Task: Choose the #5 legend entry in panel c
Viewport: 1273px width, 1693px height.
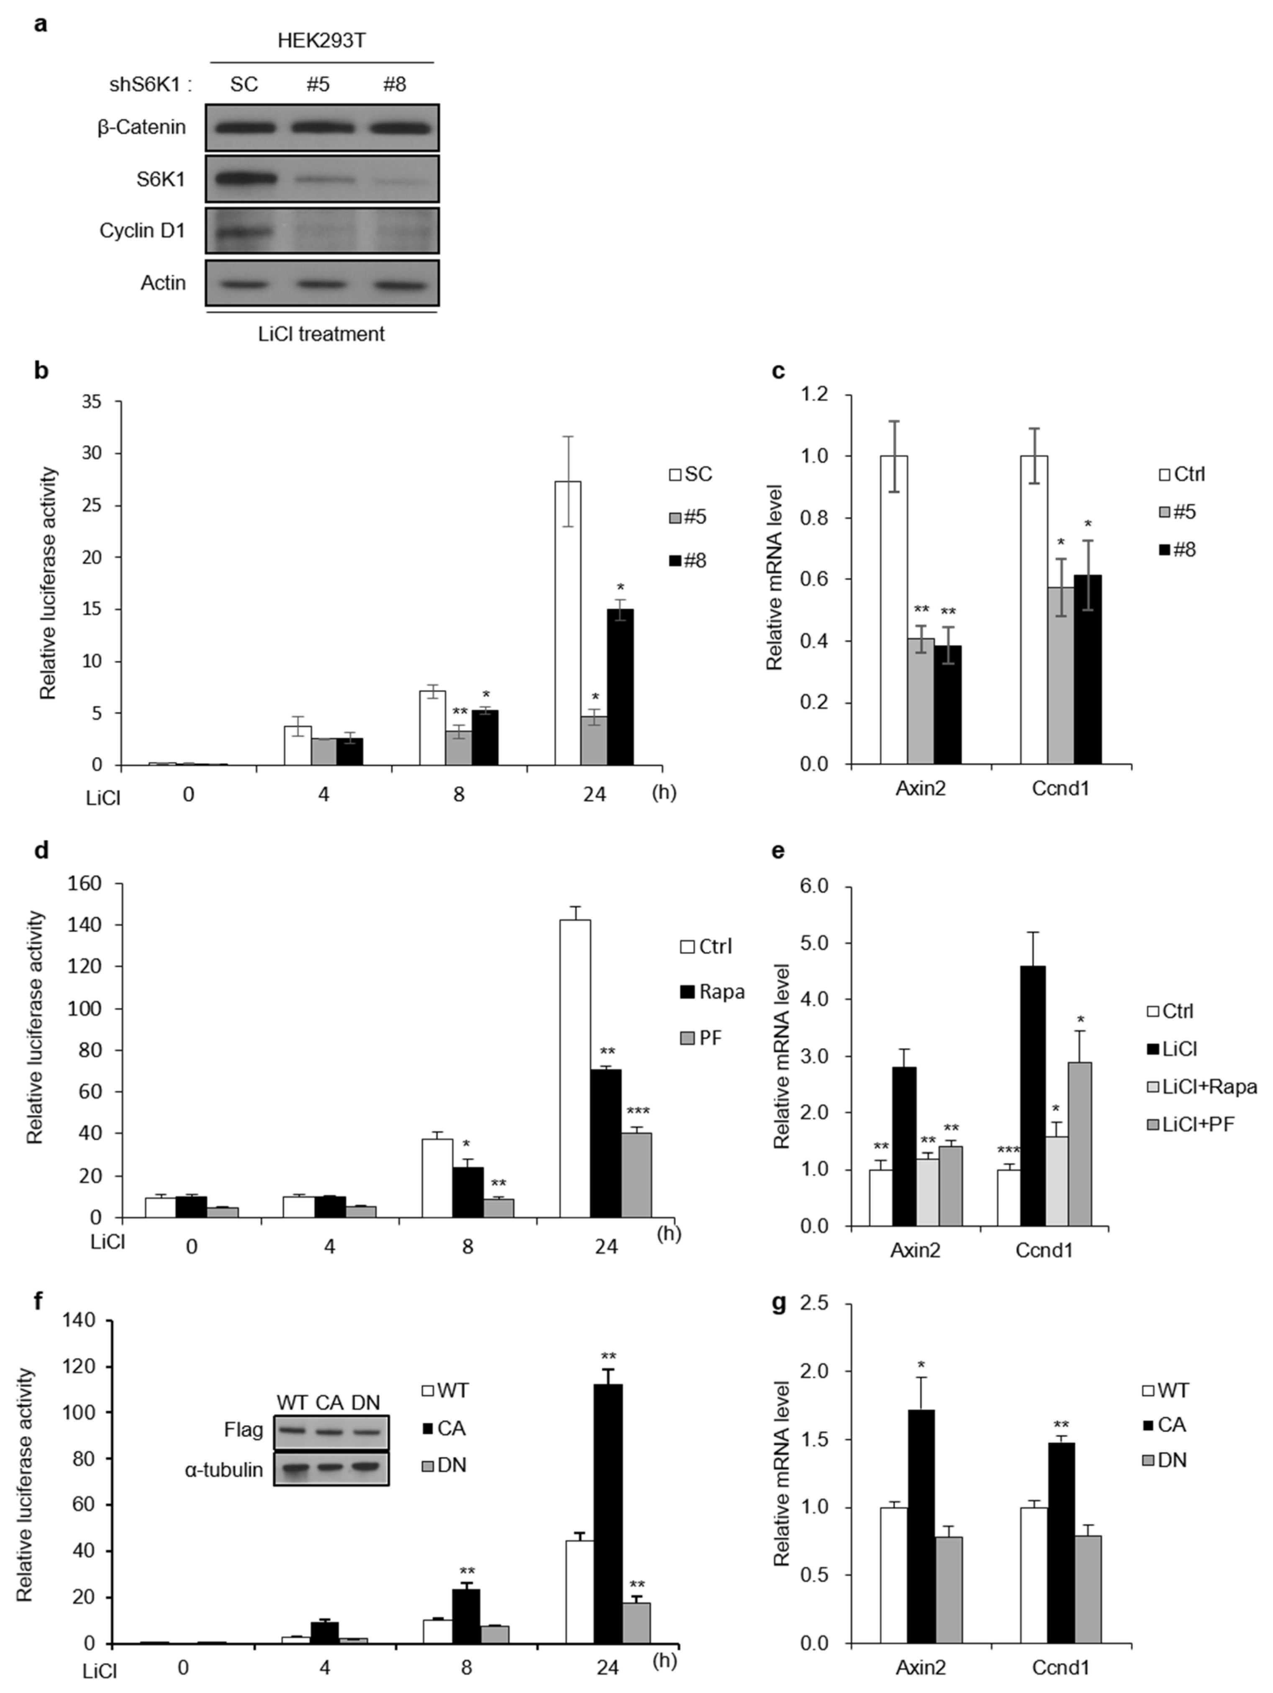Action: pyautogui.click(x=1177, y=511)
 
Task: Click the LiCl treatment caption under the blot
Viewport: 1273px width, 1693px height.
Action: pyautogui.click(x=321, y=334)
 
